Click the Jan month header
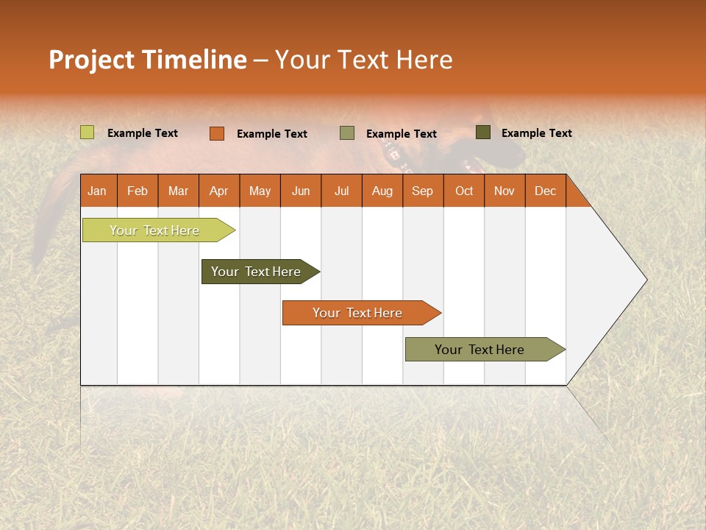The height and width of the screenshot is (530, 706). pyautogui.click(x=98, y=191)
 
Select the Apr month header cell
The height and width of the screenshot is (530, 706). pyautogui.click(x=219, y=191)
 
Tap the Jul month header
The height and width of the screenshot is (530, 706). pyautogui.click(x=341, y=191)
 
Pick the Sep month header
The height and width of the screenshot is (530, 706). pyautogui.click(x=423, y=191)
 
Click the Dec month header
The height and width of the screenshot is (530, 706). pyautogui.click(x=545, y=191)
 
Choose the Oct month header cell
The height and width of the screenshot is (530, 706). pyautogui.click(x=464, y=191)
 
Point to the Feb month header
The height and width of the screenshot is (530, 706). pyautogui.click(x=138, y=191)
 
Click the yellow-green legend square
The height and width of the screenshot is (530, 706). pyautogui.click(x=88, y=132)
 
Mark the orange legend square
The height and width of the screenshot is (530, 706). pyautogui.click(x=217, y=133)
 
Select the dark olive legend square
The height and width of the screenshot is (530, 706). pyautogui.click(x=483, y=132)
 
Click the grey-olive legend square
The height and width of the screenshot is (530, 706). pyautogui.click(x=347, y=133)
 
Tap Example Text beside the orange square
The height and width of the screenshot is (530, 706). pyautogui.click(x=271, y=133)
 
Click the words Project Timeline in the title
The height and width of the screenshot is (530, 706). pyautogui.click(x=147, y=60)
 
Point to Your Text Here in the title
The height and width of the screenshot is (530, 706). pyautogui.click(x=363, y=60)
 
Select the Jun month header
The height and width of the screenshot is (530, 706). pyautogui.click(x=301, y=191)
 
